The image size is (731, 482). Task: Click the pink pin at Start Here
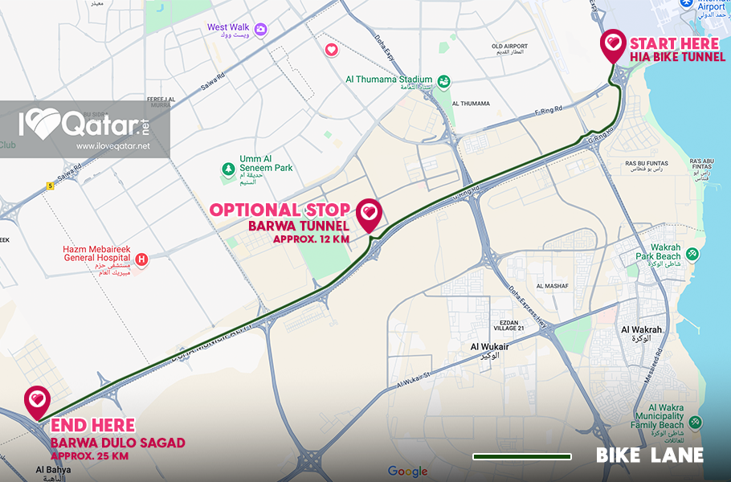[613, 43]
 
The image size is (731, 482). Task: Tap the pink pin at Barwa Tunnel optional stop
[369, 213]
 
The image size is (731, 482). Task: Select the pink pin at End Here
[37, 400]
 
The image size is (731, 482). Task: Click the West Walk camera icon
[261, 29]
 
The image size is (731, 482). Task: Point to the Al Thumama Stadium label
[389, 80]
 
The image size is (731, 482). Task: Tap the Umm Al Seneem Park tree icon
[228, 170]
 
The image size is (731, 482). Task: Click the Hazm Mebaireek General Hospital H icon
[142, 259]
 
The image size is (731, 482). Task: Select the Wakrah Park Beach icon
[692, 255]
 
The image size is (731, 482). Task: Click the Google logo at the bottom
[407, 471]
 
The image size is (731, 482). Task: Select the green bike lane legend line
[522, 456]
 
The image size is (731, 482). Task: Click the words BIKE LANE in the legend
[649, 455]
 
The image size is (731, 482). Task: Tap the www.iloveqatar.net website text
[113, 146]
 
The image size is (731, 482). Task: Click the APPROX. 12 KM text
[311, 239]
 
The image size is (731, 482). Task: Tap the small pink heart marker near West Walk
[331, 50]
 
